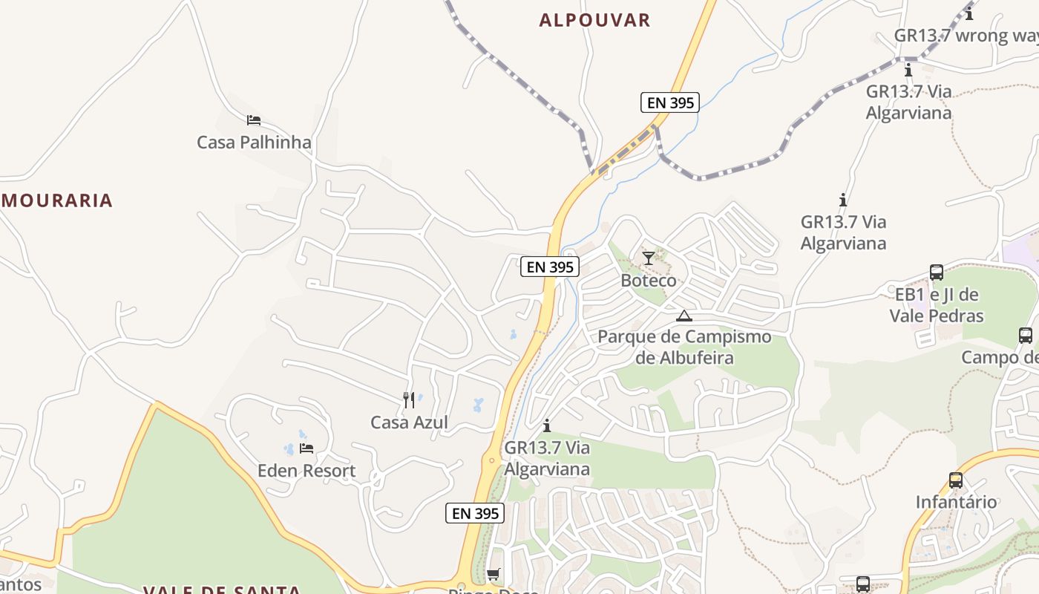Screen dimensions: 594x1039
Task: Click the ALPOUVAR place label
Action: (x=594, y=20)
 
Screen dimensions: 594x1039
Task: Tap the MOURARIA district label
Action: (x=57, y=200)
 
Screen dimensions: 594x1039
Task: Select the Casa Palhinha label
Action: (x=254, y=142)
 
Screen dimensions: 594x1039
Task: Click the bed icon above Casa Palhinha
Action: (x=254, y=120)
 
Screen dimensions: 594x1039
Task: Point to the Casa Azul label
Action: (x=409, y=422)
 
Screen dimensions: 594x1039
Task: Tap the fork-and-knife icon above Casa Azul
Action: (x=409, y=400)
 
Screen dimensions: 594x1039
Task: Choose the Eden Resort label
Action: (x=307, y=471)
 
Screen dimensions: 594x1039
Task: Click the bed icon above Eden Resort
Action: (x=307, y=448)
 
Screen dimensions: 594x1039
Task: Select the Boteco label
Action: (x=649, y=281)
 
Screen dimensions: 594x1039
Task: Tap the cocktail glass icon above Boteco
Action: (x=649, y=258)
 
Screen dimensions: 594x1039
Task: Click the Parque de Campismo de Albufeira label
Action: (x=684, y=347)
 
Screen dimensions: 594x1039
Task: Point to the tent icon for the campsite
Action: (x=684, y=316)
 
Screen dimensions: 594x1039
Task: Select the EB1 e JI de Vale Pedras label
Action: (x=937, y=305)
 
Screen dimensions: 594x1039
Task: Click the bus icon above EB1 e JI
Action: (x=937, y=272)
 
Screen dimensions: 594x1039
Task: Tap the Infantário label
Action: (x=956, y=502)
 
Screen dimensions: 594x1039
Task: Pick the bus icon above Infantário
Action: (x=956, y=480)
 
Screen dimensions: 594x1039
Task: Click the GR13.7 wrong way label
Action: (x=965, y=36)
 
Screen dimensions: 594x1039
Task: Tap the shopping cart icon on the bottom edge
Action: (x=493, y=574)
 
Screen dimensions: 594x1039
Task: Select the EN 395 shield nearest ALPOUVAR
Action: (x=669, y=102)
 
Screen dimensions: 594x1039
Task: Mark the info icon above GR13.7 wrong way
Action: (x=969, y=13)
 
